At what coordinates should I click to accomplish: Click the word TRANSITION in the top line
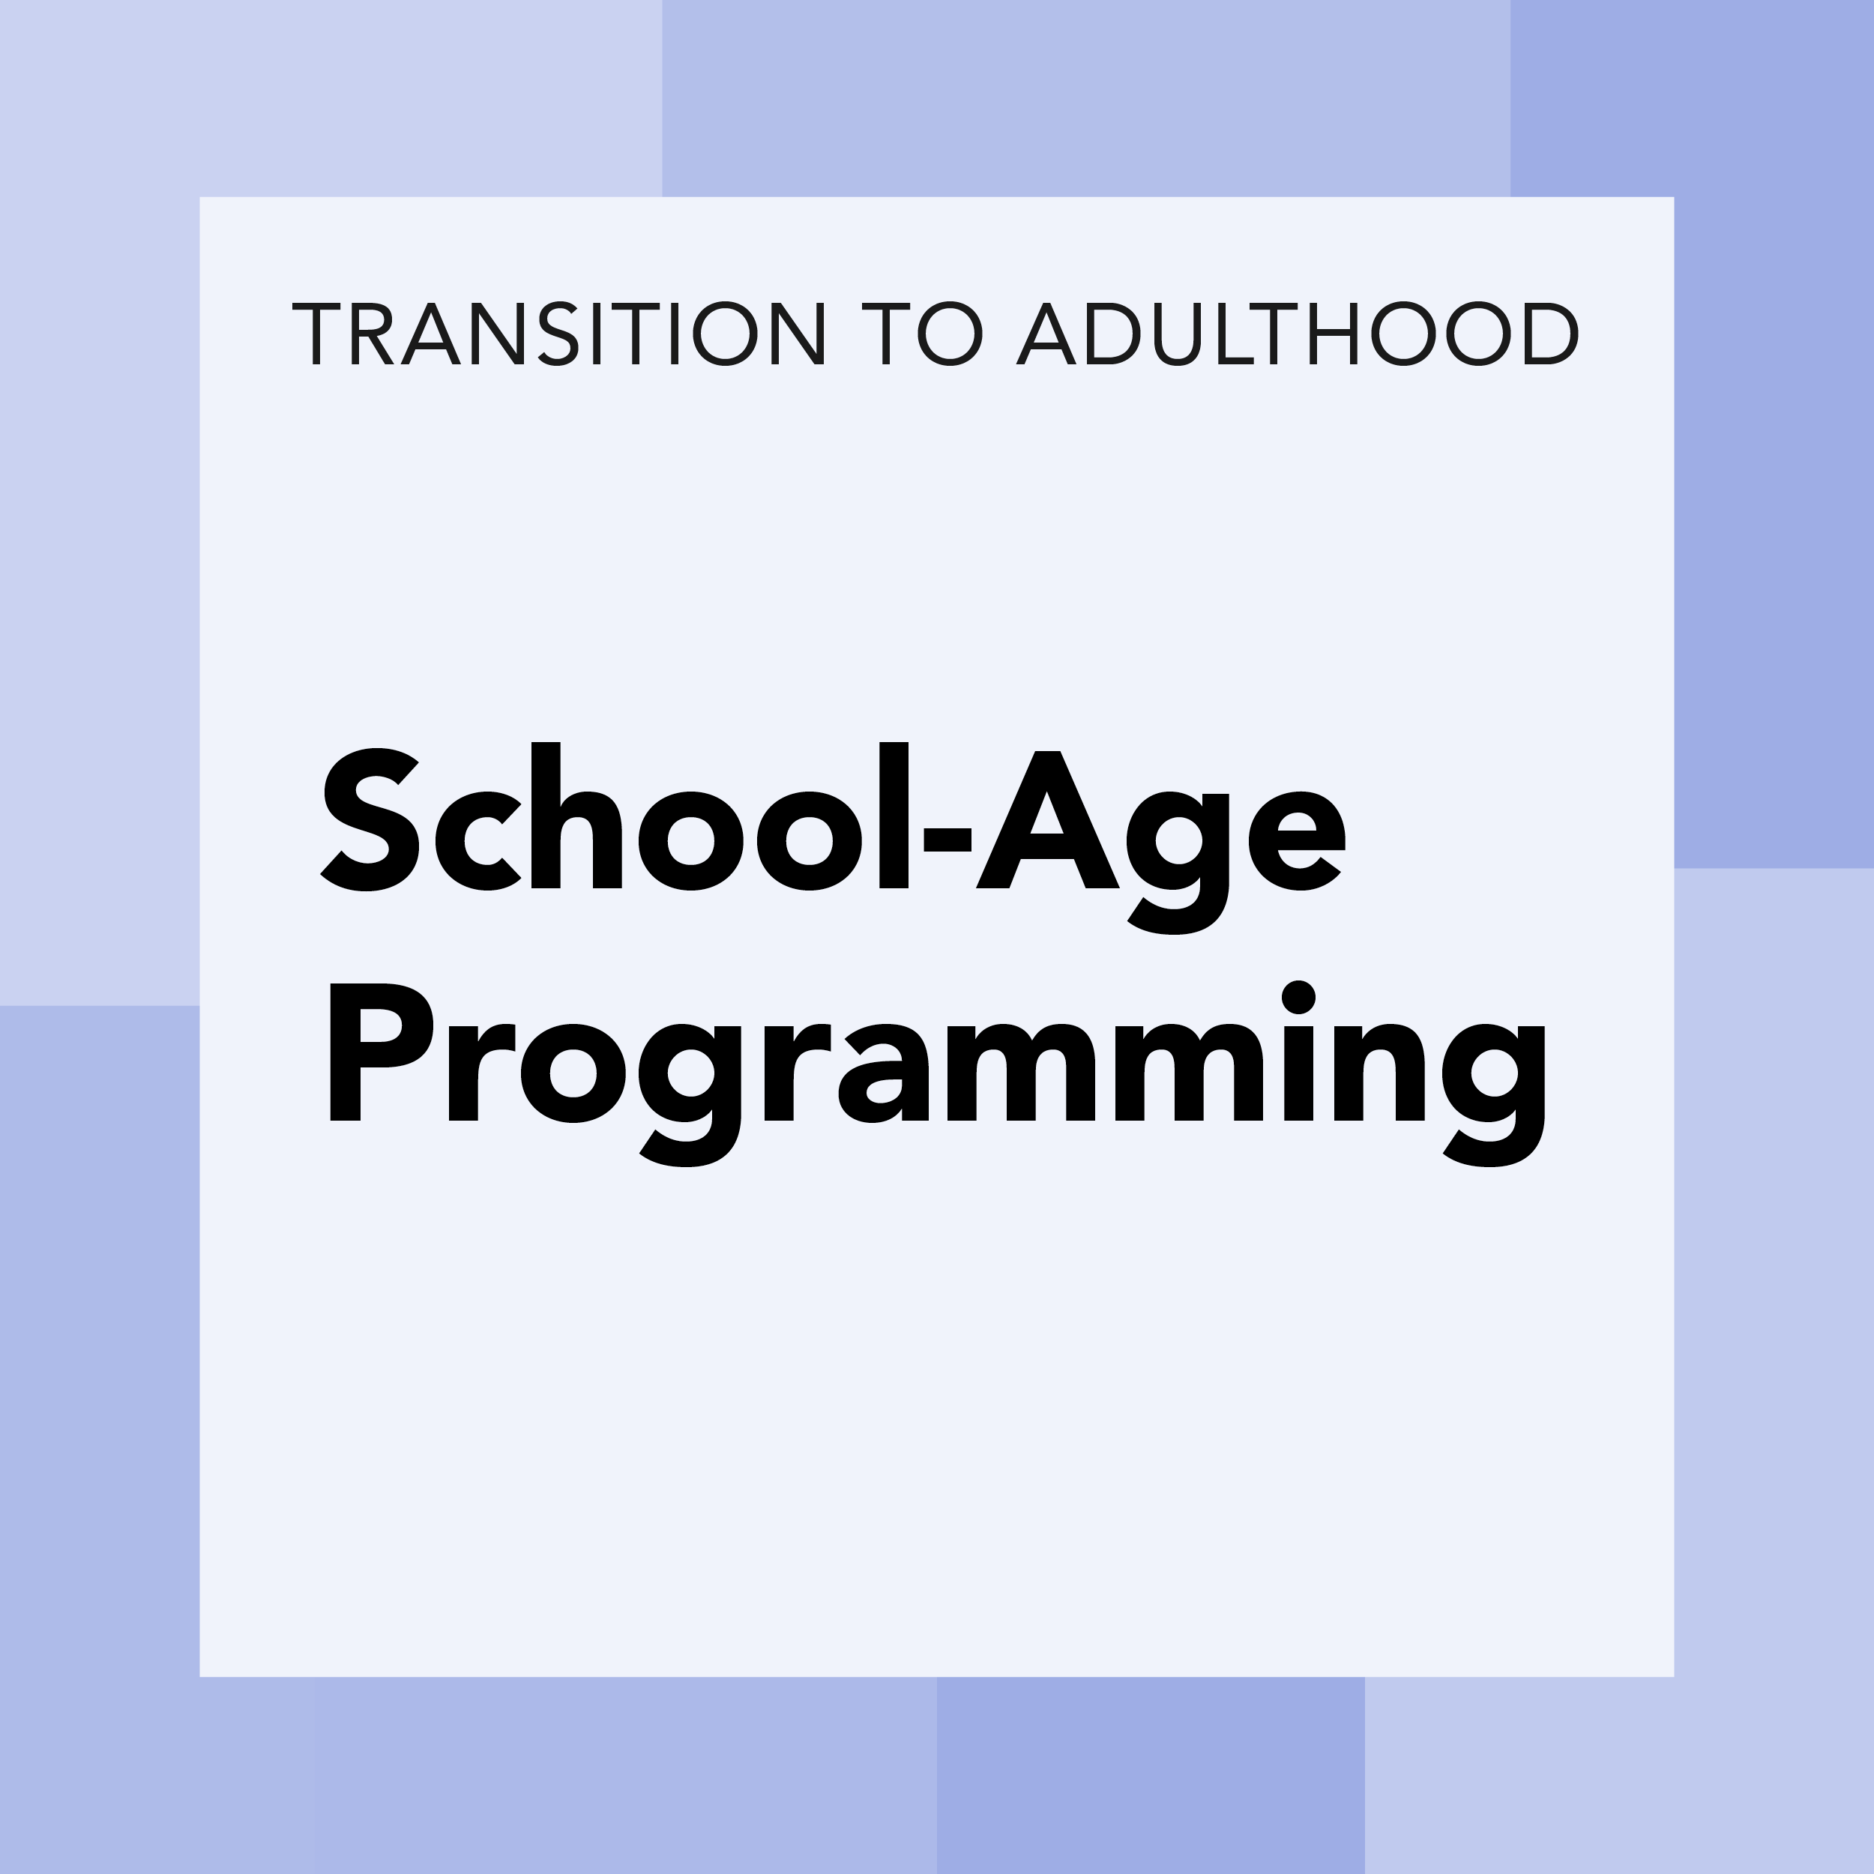[x=558, y=334]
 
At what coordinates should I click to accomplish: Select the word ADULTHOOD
[x=1297, y=334]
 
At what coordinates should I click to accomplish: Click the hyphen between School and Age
[x=947, y=839]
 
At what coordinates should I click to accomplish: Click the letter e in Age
[x=1297, y=840]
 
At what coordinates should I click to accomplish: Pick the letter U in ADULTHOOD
[x=1178, y=334]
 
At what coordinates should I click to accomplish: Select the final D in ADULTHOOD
[x=1550, y=334]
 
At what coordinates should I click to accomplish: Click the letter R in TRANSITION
[x=373, y=334]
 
